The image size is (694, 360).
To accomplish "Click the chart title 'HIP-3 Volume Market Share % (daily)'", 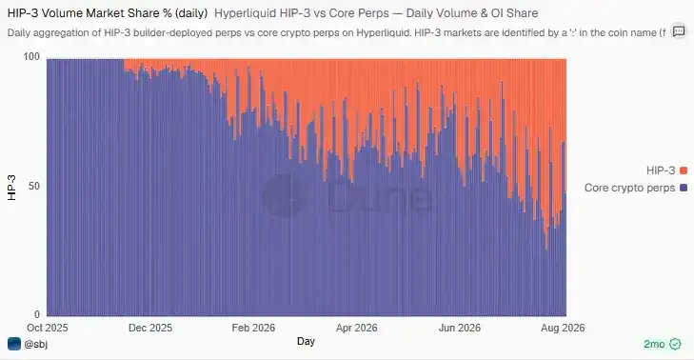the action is tap(108, 13).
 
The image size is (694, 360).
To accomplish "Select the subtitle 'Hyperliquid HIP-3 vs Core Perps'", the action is tap(302, 13).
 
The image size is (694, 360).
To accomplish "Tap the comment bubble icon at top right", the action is tap(679, 31).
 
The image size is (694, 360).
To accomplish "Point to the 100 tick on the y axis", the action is tap(31, 57).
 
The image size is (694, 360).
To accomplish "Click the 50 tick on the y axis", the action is tap(34, 186).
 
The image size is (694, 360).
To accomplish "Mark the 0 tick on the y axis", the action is tap(37, 314).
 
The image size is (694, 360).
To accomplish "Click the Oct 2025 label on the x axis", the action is tap(48, 328).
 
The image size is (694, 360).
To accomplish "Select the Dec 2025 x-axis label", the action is tap(150, 328).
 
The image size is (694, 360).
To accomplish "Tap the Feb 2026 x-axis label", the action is tap(253, 328).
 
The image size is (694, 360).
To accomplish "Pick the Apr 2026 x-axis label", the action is tap(357, 328).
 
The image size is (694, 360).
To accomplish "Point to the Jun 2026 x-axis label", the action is tap(460, 328).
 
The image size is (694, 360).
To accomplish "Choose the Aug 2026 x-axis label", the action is tap(563, 328).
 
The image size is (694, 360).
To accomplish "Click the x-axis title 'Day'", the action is tap(306, 341).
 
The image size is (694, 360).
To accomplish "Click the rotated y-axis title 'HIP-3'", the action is tap(12, 188).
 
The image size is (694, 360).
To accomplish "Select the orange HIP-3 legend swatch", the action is tap(684, 170).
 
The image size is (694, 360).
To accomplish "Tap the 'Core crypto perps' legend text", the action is tap(630, 188).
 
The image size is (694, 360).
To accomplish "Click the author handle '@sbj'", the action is tap(35, 344).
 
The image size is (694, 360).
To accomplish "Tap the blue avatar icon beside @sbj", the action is tap(14, 344).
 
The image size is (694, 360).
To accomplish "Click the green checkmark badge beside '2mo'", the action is tap(675, 344).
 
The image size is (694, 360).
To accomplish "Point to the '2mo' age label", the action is tap(654, 344).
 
